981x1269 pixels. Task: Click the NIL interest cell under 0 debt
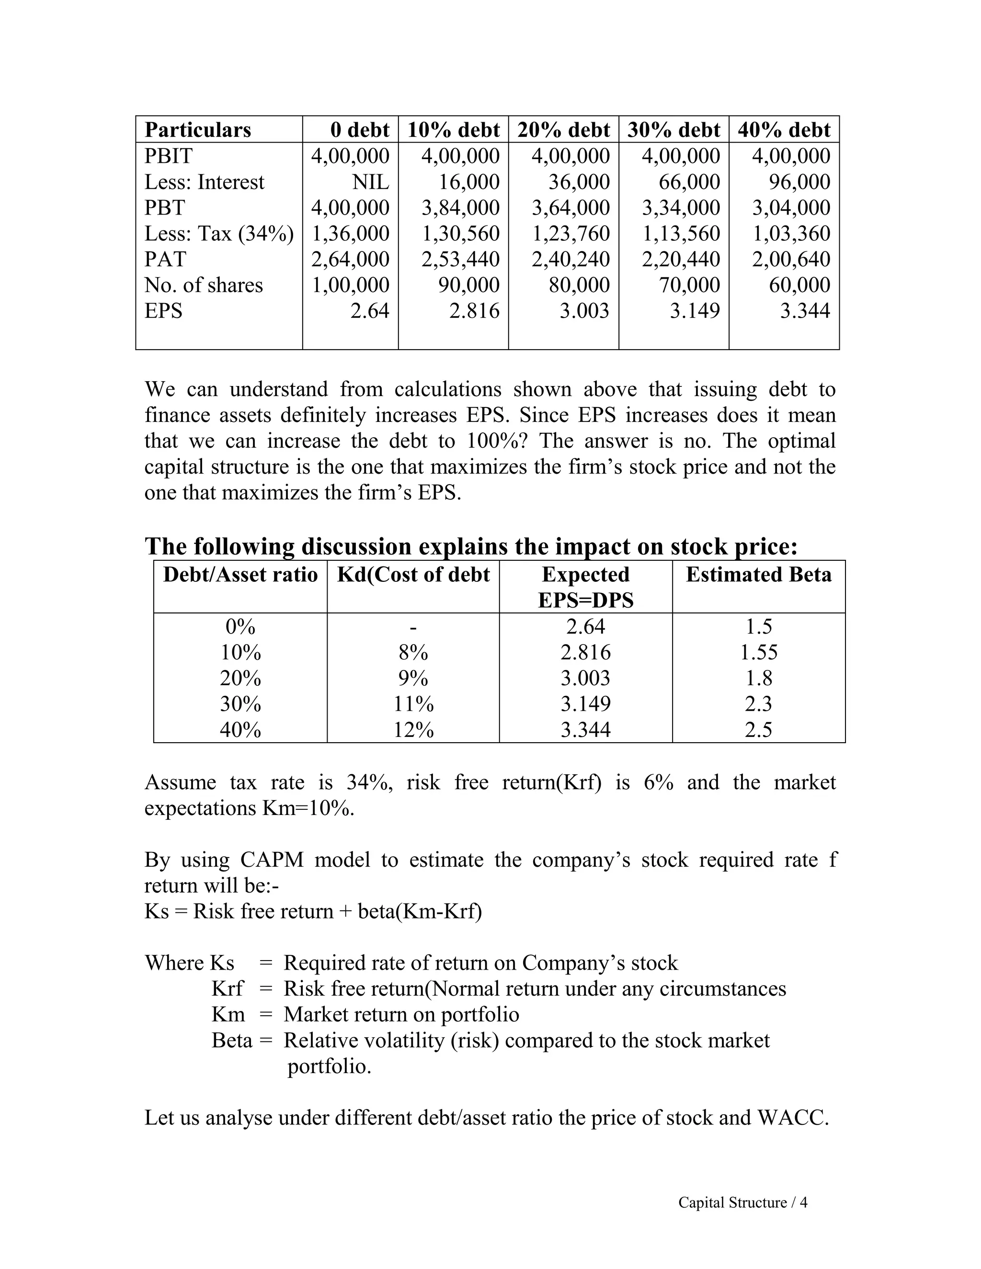click(x=370, y=182)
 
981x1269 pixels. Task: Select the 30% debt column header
click(x=673, y=130)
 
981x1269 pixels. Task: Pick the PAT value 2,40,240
click(x=570, y=259)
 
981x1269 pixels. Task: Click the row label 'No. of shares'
click(x=204, y=285)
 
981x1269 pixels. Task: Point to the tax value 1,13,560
click(x=681, y=234)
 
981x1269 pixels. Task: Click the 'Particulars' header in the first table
click(x=198, y=130)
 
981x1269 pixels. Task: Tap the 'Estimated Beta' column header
click(x=758, y=575)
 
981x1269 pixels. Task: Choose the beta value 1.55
click(x=758, y=653)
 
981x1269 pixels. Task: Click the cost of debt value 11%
click(x=413, y=704)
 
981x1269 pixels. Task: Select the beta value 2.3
click(x=758, y=704)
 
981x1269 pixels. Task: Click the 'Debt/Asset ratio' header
click(x=240, y=575)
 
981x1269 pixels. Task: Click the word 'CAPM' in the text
click(x=272, y=860)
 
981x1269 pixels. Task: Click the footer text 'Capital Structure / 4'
click(x=742, y=1202)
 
